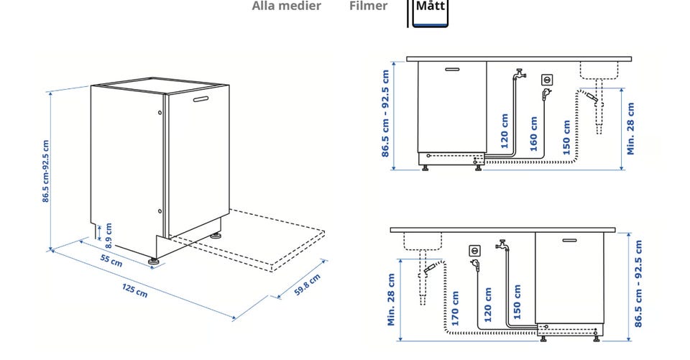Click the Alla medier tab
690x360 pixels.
point(286,6)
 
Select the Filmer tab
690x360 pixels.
point(368,6)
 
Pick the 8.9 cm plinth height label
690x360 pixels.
point(109,231)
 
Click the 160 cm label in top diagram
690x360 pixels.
point(533,133)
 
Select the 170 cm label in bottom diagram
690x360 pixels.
point(455,305)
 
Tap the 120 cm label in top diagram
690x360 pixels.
point(505,131)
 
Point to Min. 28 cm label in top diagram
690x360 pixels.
point(630,129)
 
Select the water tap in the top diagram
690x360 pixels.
point(520,74)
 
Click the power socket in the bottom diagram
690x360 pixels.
point(474,251)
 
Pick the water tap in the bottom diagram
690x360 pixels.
point(502,245)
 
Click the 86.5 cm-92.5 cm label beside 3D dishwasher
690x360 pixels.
point(46,171)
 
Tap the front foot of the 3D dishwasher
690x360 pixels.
point(153,260)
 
